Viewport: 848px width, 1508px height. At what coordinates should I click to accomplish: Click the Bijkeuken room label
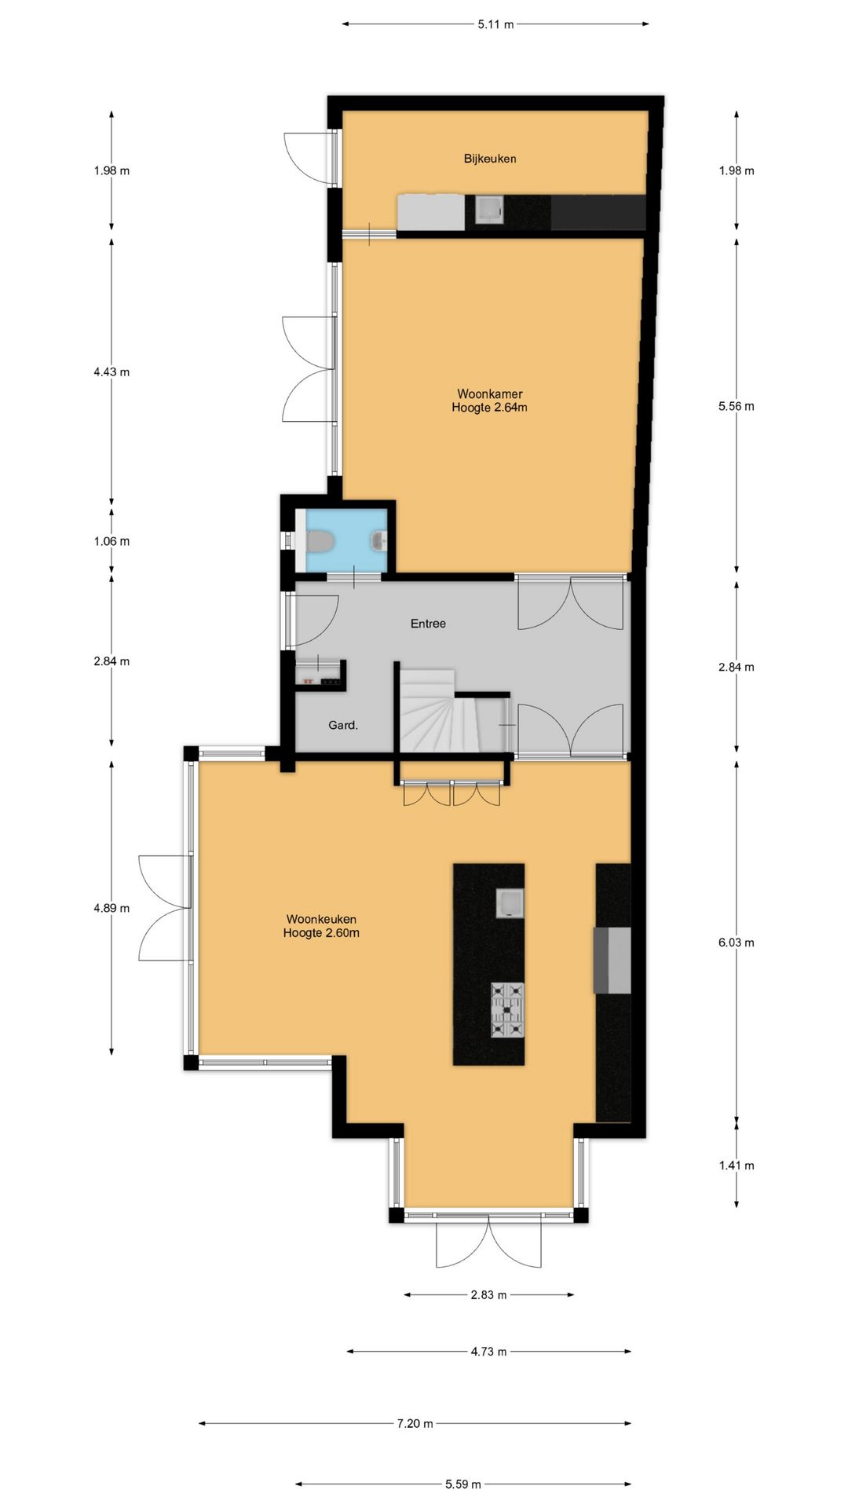coord(490,159)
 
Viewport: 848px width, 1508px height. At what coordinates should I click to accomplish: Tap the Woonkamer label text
coord(490,394)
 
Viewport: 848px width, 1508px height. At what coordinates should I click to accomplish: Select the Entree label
coord(428,624)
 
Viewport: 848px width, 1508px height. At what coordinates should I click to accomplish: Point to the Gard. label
coord(343,726)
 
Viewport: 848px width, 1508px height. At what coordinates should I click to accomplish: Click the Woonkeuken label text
coord(321,919)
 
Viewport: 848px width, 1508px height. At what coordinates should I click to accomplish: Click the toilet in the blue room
coord(318,541)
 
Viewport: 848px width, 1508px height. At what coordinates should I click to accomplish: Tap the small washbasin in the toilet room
coord(379,540)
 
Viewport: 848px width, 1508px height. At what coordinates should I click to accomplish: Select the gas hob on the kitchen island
coord(507,1009)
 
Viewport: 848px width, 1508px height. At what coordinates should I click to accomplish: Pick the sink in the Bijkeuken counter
coord(489,210)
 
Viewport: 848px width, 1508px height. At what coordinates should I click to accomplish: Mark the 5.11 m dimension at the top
coord(495,24)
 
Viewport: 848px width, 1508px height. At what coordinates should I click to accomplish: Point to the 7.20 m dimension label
coord(415,1423)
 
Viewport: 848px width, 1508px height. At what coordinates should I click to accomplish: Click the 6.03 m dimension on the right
coord(736,942)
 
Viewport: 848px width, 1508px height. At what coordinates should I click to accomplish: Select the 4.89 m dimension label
coord(111,908)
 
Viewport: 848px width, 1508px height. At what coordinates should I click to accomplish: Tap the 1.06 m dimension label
coord(111,541)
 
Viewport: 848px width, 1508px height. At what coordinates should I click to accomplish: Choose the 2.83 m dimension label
coord(488,1295)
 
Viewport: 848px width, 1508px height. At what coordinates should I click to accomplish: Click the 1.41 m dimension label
coord(736,1166)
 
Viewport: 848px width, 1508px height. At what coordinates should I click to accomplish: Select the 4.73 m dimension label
coord(488,1352)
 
